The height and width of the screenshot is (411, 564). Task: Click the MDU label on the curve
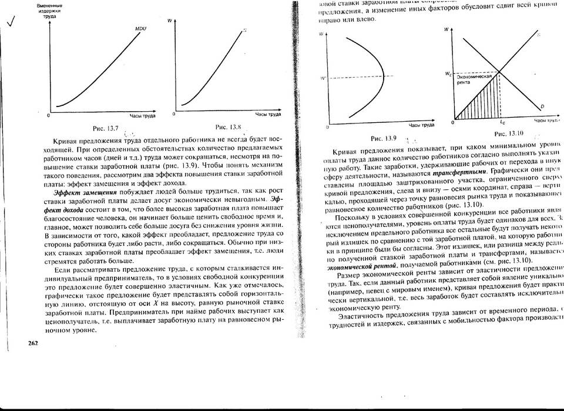pyautogui.click(x=140, y=28)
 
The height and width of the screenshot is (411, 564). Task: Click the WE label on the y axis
pyautogui.click(x=448, y=73)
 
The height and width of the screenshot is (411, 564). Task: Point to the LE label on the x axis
pyautogui.click(x=502, y=122)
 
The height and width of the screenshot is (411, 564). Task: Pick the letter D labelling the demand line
pyautogui.click(x=542, y=106)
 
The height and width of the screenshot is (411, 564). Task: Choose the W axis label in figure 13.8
pyautogui.click(x=169, y=21)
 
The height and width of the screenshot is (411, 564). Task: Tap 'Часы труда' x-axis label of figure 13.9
pyautogui.click(x=422, y=125)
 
